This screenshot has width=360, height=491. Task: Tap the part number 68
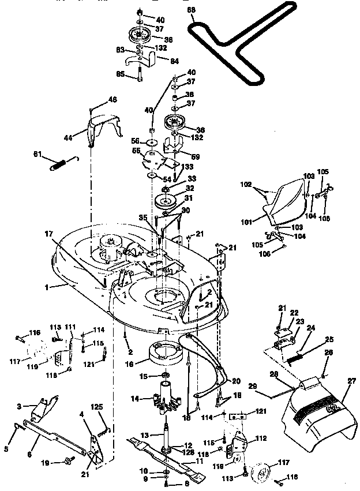click(x=192, y=10)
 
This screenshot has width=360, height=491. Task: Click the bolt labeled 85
click(x=140, y=74)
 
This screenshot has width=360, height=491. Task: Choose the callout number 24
click(x=311, y=328)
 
